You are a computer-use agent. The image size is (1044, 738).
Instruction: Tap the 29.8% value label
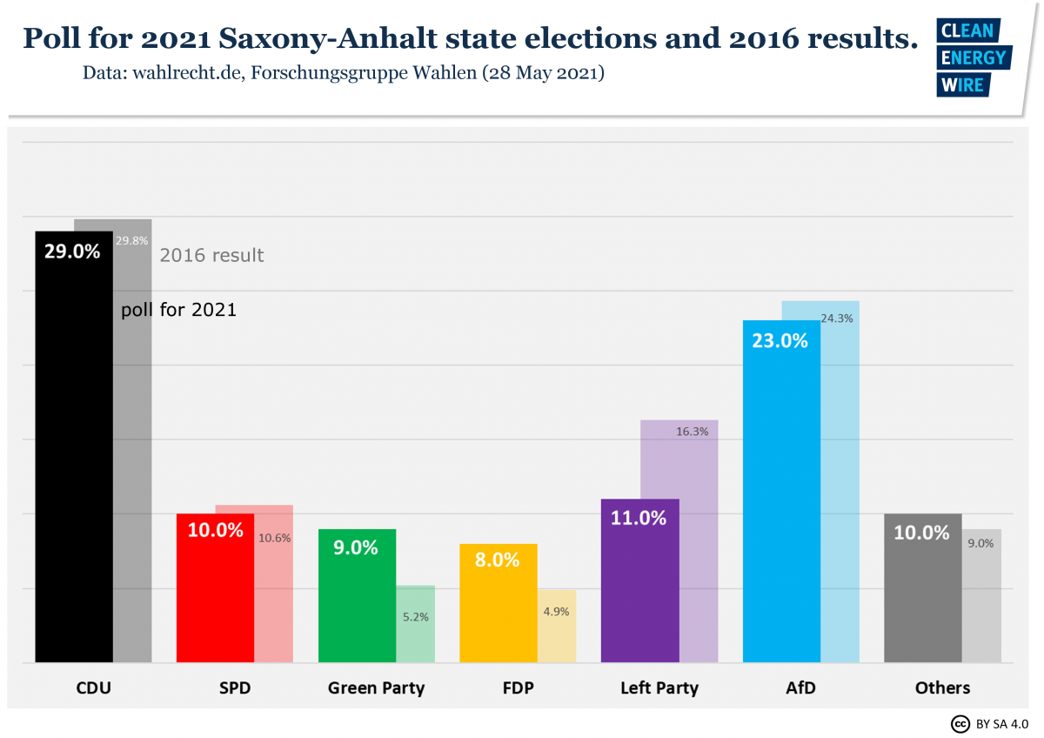(x=132, y=241)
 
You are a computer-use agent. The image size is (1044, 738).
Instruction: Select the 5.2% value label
(x=414, y=617)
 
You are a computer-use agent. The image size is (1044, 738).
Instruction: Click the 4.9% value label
(x=556, y=612)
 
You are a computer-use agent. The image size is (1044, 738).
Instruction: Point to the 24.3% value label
(x=837, y=319)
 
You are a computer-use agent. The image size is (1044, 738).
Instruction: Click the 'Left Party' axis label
(x=659, y=688)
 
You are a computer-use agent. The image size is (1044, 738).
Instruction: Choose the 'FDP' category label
(x=518, y=688)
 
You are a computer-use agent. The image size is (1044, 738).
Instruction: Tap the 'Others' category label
(x=942, y=688)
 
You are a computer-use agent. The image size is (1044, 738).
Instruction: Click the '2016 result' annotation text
(x=211, y=256)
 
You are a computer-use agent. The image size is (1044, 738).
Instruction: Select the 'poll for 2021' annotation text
(x=179, y=310)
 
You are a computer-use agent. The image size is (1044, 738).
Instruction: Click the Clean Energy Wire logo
(x=972, y=57)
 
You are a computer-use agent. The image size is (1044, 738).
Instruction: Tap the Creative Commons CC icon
(x=960, y=723)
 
